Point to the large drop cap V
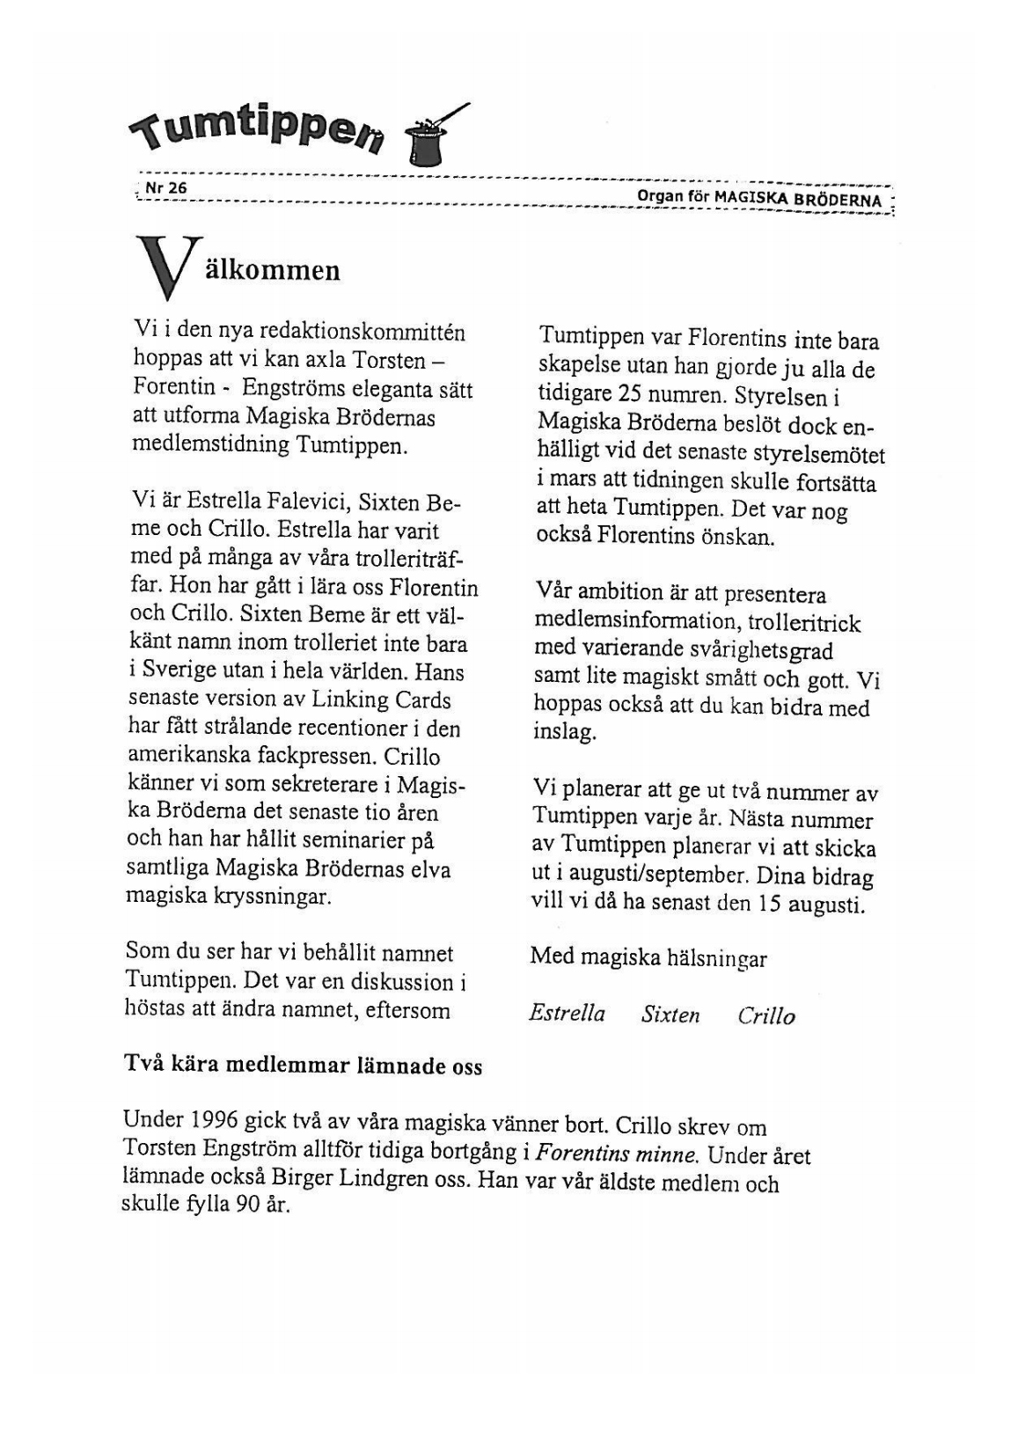coord(165,267)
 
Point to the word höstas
coord(156,1009)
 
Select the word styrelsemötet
coord(818,455)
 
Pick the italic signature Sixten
coord(670,1015)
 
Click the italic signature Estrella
coord(567,1014)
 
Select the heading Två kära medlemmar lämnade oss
coord(303,1066)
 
